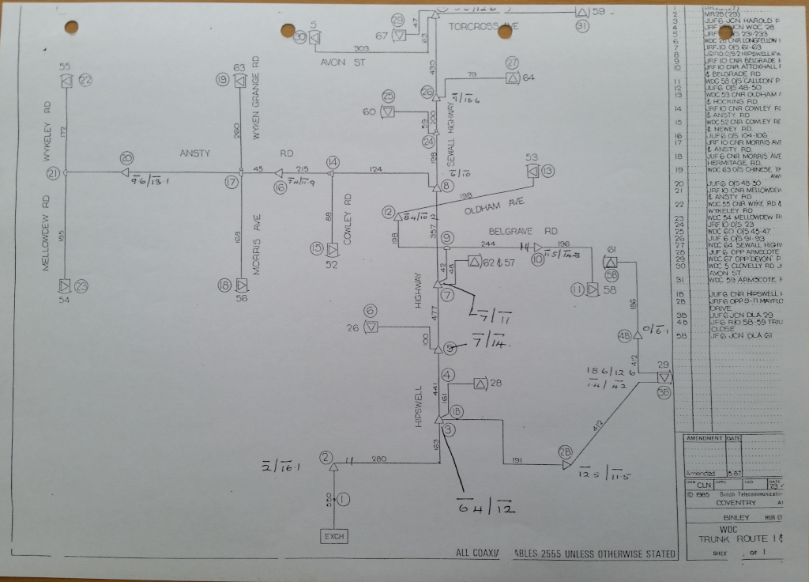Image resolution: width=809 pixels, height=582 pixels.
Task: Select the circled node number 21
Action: [54, 173]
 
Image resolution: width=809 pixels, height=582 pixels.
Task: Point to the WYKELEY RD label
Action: [47, 131]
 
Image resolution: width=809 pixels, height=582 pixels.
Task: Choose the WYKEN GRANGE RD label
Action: [257, 98]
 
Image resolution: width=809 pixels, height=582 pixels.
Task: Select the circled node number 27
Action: [512, 62]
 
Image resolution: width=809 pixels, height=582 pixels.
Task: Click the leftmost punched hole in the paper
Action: [71, 27]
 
